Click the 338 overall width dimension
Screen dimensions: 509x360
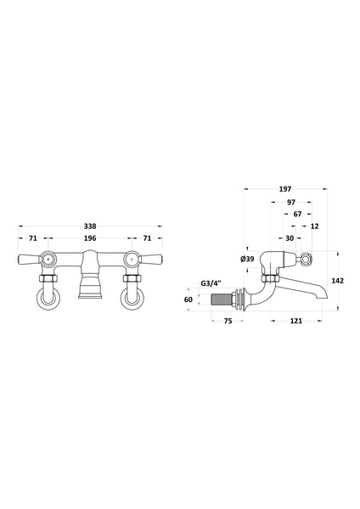90,227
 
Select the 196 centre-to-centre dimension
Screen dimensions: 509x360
90,239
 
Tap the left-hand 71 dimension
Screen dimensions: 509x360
32,239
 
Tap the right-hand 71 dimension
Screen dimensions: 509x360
148,239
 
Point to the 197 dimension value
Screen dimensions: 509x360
284,192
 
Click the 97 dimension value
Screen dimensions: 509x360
291,204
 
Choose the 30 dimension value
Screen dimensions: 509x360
290,238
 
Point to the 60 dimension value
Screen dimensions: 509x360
189,299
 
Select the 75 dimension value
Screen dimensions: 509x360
228,322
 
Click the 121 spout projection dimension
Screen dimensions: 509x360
295,322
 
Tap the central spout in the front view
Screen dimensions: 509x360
89,288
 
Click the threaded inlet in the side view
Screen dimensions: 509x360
223,299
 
